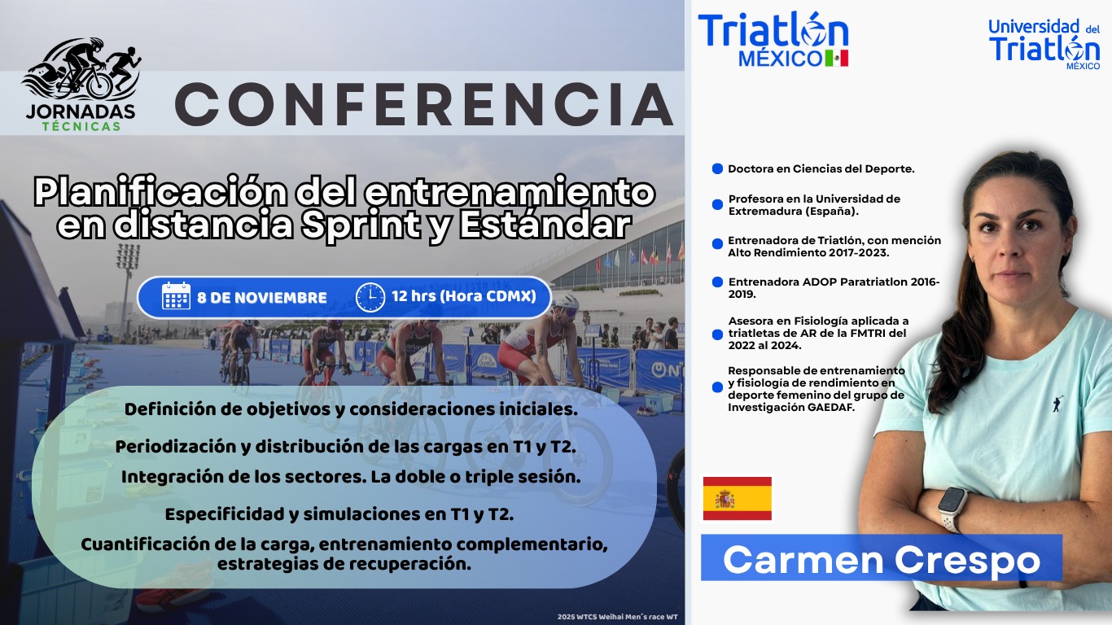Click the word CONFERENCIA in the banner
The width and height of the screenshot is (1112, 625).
coord(424,104)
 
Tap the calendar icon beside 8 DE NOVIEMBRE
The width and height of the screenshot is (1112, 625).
coord(176,296)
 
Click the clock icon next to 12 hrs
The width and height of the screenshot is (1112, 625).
coord(370,297)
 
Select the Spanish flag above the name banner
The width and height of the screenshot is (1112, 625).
coord(738,498)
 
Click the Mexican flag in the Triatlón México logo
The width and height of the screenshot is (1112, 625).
coord(837,58)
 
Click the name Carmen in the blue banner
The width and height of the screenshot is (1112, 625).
coord(803,560)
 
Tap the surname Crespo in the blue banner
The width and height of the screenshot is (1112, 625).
coord(967,562)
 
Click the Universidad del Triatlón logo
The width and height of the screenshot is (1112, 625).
coord(1044,45)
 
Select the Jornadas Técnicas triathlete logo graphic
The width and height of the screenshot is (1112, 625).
coord(81,69)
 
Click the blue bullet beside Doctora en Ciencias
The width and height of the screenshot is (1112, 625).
coord(717,168)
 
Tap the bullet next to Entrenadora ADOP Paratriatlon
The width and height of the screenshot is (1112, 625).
coord(717,282)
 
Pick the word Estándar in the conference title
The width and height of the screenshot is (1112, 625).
coord(545,225)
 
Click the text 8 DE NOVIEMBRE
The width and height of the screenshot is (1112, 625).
coord(262,297)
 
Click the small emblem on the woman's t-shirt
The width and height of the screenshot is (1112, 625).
coord(1057,404)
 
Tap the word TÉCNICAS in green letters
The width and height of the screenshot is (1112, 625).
coord(81,126)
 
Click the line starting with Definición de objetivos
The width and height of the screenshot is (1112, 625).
coord(351,409)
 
